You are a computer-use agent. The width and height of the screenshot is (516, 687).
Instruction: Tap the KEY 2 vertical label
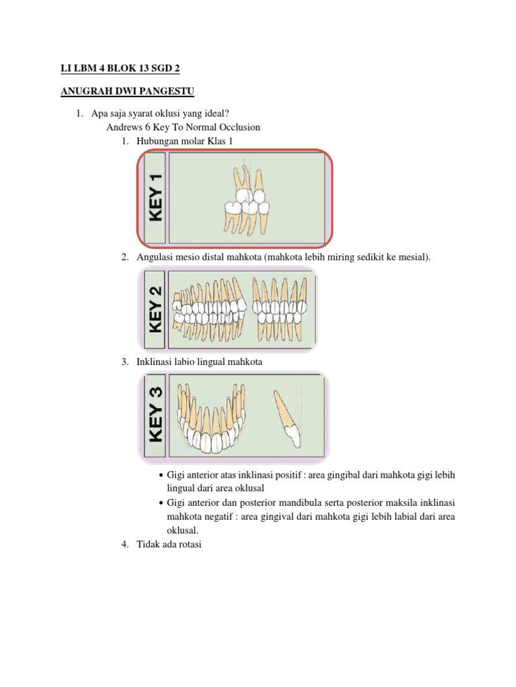pos(155,309)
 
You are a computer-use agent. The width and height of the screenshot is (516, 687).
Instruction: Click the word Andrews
pos(124,127)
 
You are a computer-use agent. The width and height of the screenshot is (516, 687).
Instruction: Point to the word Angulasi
pos(155,258)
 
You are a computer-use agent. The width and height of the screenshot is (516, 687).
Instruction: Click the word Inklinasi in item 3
pos(156,362)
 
